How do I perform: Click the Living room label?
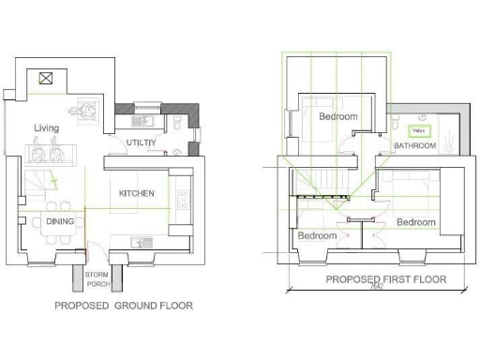coord(46,127)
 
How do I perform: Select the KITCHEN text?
coord(137,193)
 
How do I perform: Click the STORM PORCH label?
coord(98,277)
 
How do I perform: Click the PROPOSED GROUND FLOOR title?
coord(124,306)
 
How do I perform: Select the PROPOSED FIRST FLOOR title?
coord(385,279)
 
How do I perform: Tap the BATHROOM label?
coord(414,146)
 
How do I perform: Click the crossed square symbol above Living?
coord(43,79)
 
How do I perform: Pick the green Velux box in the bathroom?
coord(420,130)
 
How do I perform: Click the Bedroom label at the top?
coord(337,116)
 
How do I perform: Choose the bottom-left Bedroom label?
coord(317,235)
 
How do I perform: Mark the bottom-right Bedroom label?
coord(415,222)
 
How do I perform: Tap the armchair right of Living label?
coord(91,112)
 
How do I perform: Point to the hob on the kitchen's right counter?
coord(182,197)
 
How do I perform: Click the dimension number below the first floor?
coord(376,289)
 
